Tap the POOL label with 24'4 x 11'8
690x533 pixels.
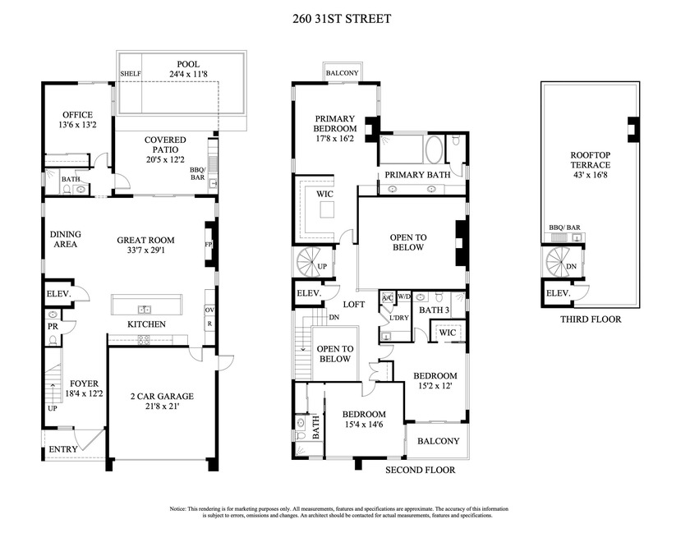(188, 69)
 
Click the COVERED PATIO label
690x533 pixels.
(165, 145)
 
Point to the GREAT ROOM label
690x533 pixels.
(145, 246)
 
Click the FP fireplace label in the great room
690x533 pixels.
(208, 244)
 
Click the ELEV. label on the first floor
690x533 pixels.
(60, 293)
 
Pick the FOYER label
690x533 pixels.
(85, 388)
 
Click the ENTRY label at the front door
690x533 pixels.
(63, 449)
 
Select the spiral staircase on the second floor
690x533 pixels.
(312, 264)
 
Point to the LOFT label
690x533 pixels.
(354, 303)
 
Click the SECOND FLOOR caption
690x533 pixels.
(420, 470)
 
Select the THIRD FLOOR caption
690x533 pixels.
(590, 319)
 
